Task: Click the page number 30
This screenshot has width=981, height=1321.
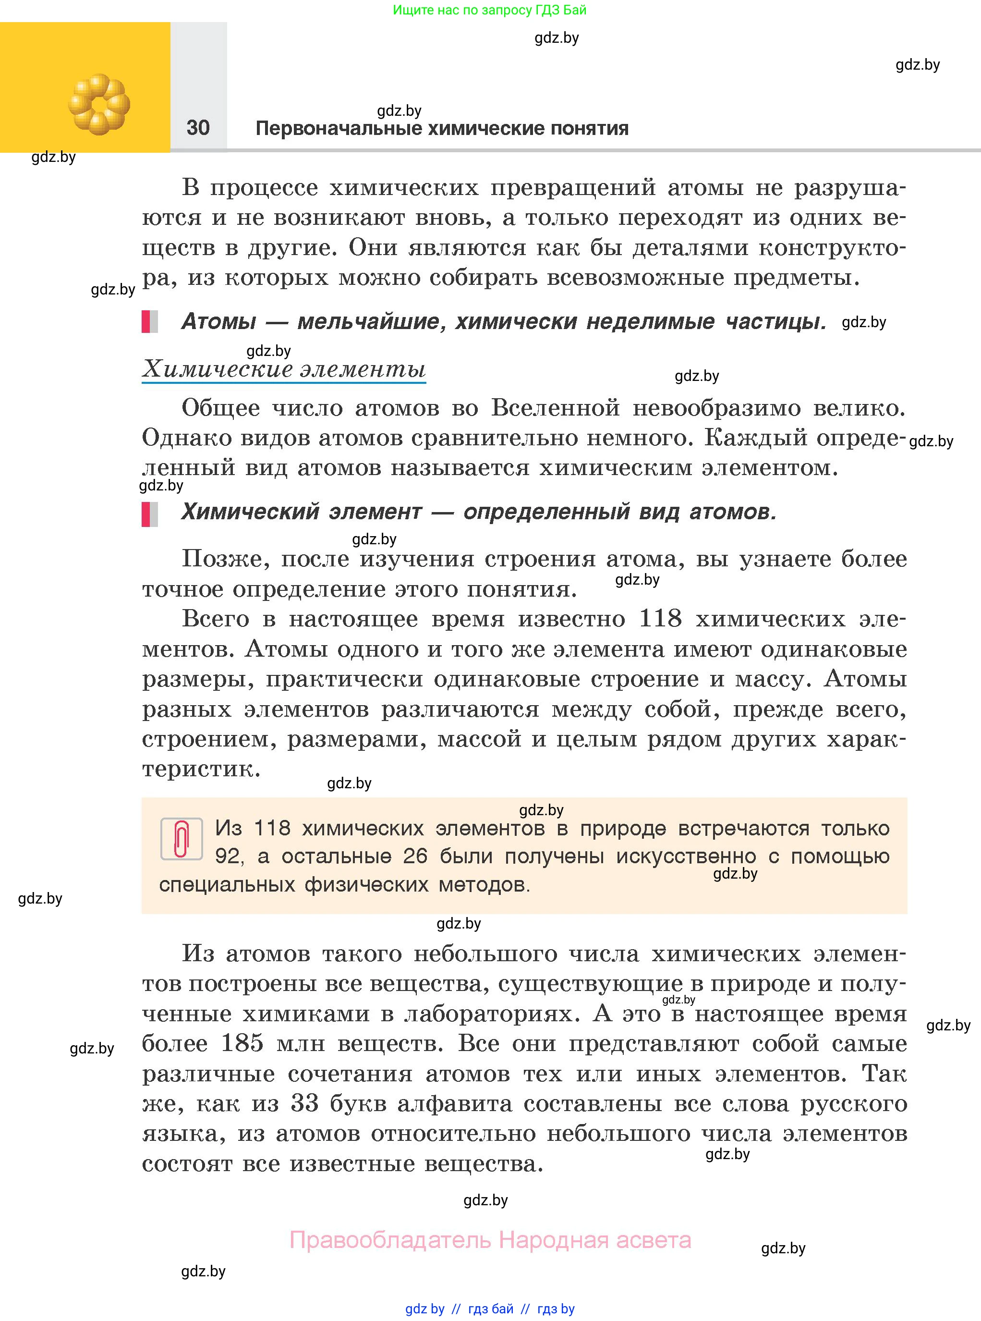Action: click(x=198, y=127)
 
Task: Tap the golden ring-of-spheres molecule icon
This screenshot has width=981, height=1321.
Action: click(x=98, y=104)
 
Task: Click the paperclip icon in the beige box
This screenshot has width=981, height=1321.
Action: click(x=182, y=839)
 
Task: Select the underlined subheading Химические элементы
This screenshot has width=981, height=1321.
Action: click(x=284, y=369)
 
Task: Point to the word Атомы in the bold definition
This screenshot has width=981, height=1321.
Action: click(x=218, y=321)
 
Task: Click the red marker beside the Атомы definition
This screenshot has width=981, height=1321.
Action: click(x=146, y=321)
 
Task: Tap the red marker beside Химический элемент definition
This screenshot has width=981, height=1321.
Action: click(x=146, y=514)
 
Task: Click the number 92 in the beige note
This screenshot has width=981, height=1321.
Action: click(x=228, y=856)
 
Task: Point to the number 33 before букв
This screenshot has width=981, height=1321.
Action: click(x=304, y=1103)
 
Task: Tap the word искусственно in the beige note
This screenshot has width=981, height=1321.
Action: click(x=686, y=856)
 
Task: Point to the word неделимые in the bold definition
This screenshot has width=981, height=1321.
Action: click(x=650, y=321)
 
